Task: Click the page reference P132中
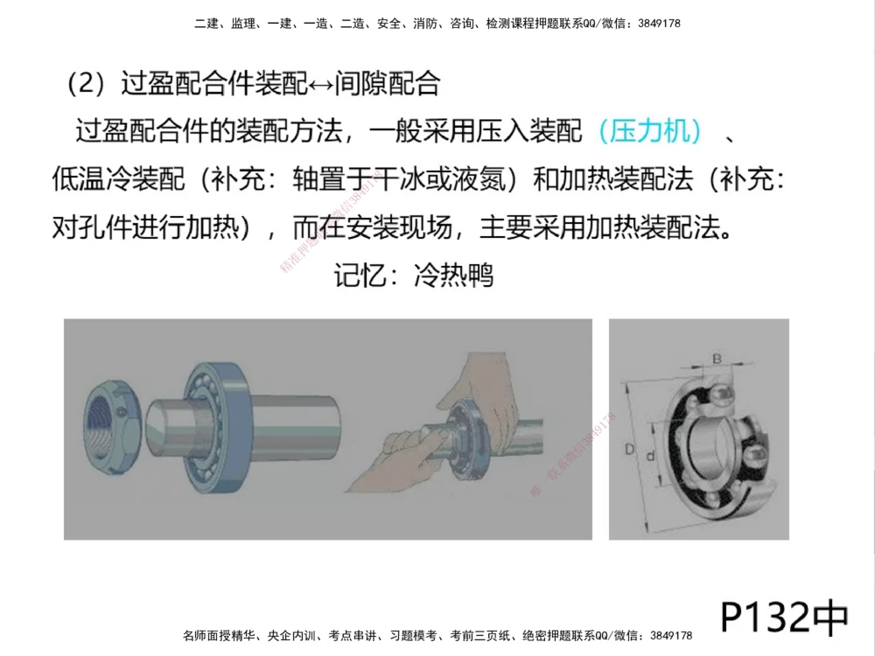click(x=784, y=617)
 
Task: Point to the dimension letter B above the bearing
click(x=716, y=358)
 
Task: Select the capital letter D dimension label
click(x=628, y=450)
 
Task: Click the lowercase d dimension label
click(x=650, y=455)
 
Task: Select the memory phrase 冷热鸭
click(x=454, y=276)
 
